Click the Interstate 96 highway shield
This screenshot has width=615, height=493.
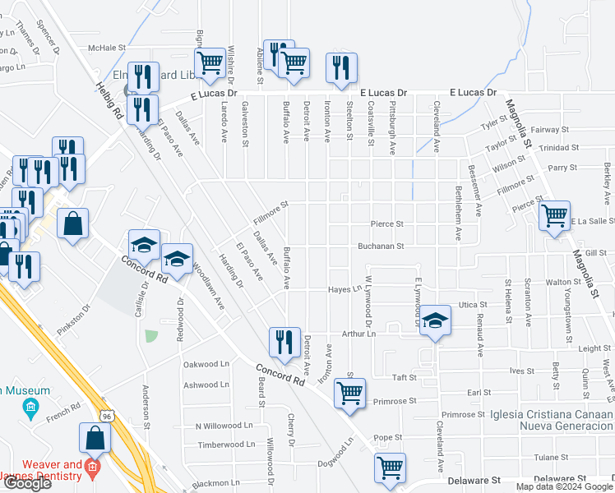pyautogui.click(x=107, y=416)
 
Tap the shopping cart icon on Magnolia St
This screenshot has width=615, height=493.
pyautogui.click(x=555, y=217)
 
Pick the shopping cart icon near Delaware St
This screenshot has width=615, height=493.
pyautogui.click(x=390, y=468)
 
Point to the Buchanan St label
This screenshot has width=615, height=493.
pyautogui.click(x=380, y=246)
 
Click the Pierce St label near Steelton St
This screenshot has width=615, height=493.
pyautogui.click(x=386, y=223)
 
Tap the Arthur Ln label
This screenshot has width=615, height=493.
pyautogui.click(x=359, y=334)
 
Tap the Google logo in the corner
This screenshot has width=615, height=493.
pyautogui.click(x=26, y=484)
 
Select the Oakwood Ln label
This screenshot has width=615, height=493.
pyautogui.click(x=206, y=364)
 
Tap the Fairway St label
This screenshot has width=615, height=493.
pyautogui.click(x=550, y=130)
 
